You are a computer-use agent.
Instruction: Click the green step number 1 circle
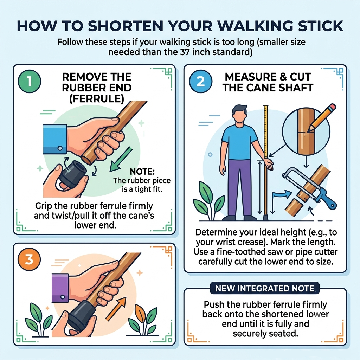pyautogui.click(x=30, y=81)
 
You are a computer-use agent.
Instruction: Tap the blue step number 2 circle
pyautogui.click(x=201, y=81)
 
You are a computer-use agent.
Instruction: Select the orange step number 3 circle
pyautogui.click(x=29, y=259)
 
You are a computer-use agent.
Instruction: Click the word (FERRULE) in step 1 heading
pyautogui.click(x=97, y=99)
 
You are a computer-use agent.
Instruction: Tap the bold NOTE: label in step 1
pyautogui.click(x=142, y=171)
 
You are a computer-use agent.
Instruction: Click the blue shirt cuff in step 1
pyautogui.click(x=55, y=139)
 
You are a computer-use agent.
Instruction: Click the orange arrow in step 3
pyautogui.click(x=116, y=308)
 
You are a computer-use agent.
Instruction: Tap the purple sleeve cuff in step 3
pyautogui.click(x=60, y=288)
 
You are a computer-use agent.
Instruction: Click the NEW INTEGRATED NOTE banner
pyautogui.click(x=265, y=288)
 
